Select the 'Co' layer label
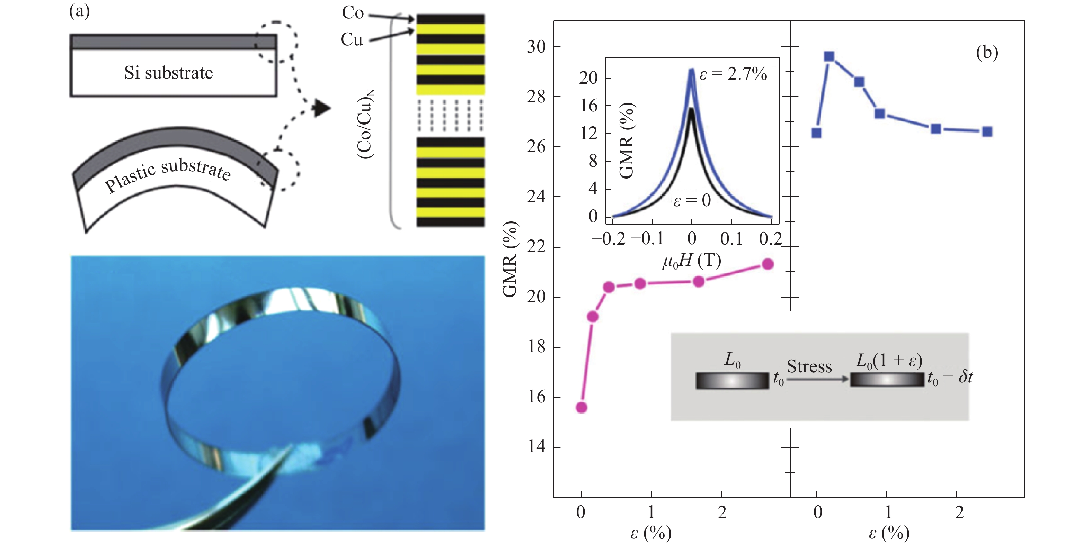[x=353, y=13]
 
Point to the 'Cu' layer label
[x=352, y=40]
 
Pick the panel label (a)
[x=80, y=11]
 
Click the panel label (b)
[x=987, y=53]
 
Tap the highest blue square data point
[x=829, y=57]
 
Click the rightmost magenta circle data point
[x=768, y=264]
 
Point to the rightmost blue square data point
[x=987, y=131]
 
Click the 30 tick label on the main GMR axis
[x=536, y=47]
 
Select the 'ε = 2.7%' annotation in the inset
[x=733, y=75]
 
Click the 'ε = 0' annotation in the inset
[x=692, y=201]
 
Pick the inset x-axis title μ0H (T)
[x=691, y=261]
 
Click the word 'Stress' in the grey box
[x=809, y=366]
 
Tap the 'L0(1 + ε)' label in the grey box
[x=888, y=361]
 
